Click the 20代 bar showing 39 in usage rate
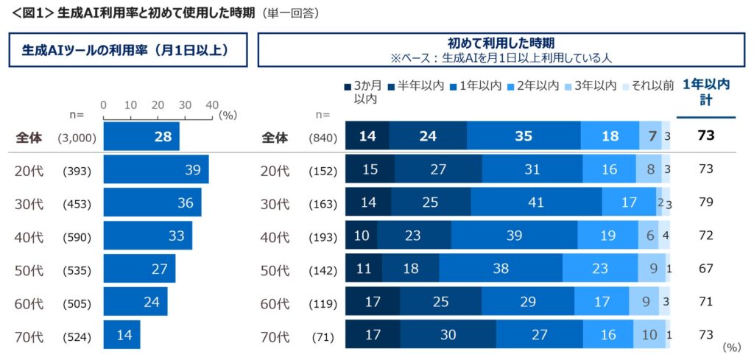tap(156, 170)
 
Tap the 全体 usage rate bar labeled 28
tap(141, 137)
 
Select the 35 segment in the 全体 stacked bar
tap(524, 137)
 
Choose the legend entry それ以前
tap(648, 86)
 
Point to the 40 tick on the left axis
tap(212, 104)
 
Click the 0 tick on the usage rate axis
tap(104, 104)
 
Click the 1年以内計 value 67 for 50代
tap(706, 269)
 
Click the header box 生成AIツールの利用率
tap(127, 50)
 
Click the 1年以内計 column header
tap(706, 93)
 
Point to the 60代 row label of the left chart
tap(29, 303)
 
